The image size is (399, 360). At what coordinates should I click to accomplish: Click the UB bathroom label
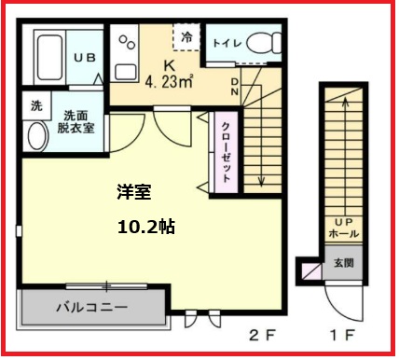[x=85, y=57]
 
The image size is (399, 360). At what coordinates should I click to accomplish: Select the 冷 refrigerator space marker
[x=186, y=37]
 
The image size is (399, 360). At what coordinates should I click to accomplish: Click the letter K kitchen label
[x=169, y=64]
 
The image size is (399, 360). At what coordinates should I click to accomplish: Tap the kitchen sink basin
[x=124, y=73]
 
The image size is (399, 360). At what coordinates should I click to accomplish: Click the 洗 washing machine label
[x=35, y=104]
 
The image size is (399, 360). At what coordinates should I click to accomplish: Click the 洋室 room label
[x=133, y=192]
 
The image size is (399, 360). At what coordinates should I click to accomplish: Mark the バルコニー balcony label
[x=90, y=305]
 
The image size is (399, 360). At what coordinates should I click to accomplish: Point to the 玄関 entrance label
[x=345, y=263]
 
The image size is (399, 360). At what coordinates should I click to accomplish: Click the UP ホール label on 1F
[x=343, y=228]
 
